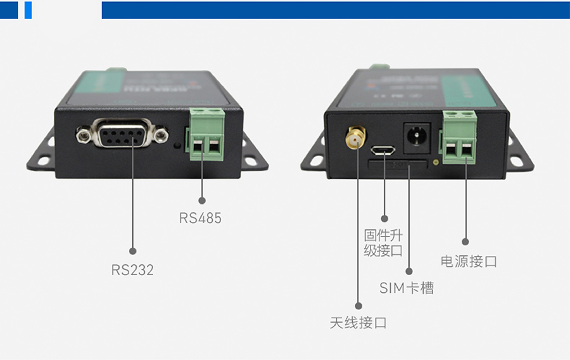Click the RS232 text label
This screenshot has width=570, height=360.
pyautogui.click(x=132, y=270)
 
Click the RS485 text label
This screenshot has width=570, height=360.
pyautogui.click(x=200, y=218)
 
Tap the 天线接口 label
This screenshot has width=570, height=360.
pyautogui.click(x=358, y=323)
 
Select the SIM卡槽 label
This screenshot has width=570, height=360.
pyautogui.click(x=407, y=288)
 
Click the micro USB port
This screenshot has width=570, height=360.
pyautogui.click(x=384, y=151)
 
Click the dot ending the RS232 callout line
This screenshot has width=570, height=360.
pyautogui.click(x=132, y=249)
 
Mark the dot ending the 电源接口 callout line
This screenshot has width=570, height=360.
pyautogui.click(x=465, y=241)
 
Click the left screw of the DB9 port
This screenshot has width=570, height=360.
pyautogui.click(x=82, y=134)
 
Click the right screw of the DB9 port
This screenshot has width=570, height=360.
pyautogui.click(x=162, y=134)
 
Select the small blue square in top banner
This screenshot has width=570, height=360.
pyautogui.click(x=28, y=10)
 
